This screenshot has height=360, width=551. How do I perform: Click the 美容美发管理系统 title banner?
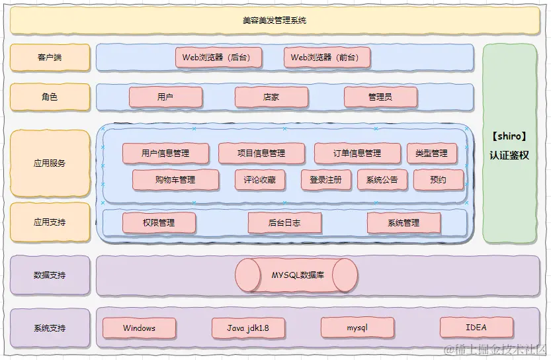tap(275, 21)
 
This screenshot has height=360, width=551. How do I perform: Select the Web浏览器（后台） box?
tap(218, 58)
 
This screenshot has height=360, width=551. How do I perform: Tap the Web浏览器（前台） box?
tap(327, 58)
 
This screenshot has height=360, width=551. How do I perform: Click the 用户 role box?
tap(165, 97)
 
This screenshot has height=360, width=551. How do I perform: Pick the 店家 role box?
tap(271, 97)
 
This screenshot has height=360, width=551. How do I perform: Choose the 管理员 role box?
tap(380, 97)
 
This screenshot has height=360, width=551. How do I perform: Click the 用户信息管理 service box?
tap(165, 154)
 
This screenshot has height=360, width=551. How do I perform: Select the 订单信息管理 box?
tap(357, 154)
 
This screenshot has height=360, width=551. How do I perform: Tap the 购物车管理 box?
tap(175, 179)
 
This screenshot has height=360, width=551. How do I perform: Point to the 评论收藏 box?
tap(260, 179)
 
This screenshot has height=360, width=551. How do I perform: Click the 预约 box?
tap(438, 179)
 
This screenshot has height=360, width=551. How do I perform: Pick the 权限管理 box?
tap(159, 223)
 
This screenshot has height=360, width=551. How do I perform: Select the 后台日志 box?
tap(284, 223)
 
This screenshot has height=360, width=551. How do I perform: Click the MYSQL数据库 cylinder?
tap(297, 275)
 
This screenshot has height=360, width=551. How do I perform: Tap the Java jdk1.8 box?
tap(248, 328)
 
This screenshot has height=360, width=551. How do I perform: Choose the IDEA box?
tap(476, 328)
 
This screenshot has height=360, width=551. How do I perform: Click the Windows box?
tap(139, 328)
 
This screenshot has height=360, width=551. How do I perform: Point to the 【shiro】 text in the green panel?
tap(509, 137)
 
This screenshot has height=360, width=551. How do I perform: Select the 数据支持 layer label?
tap(50, 275)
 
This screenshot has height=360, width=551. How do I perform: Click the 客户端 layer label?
tap(50, 58)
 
